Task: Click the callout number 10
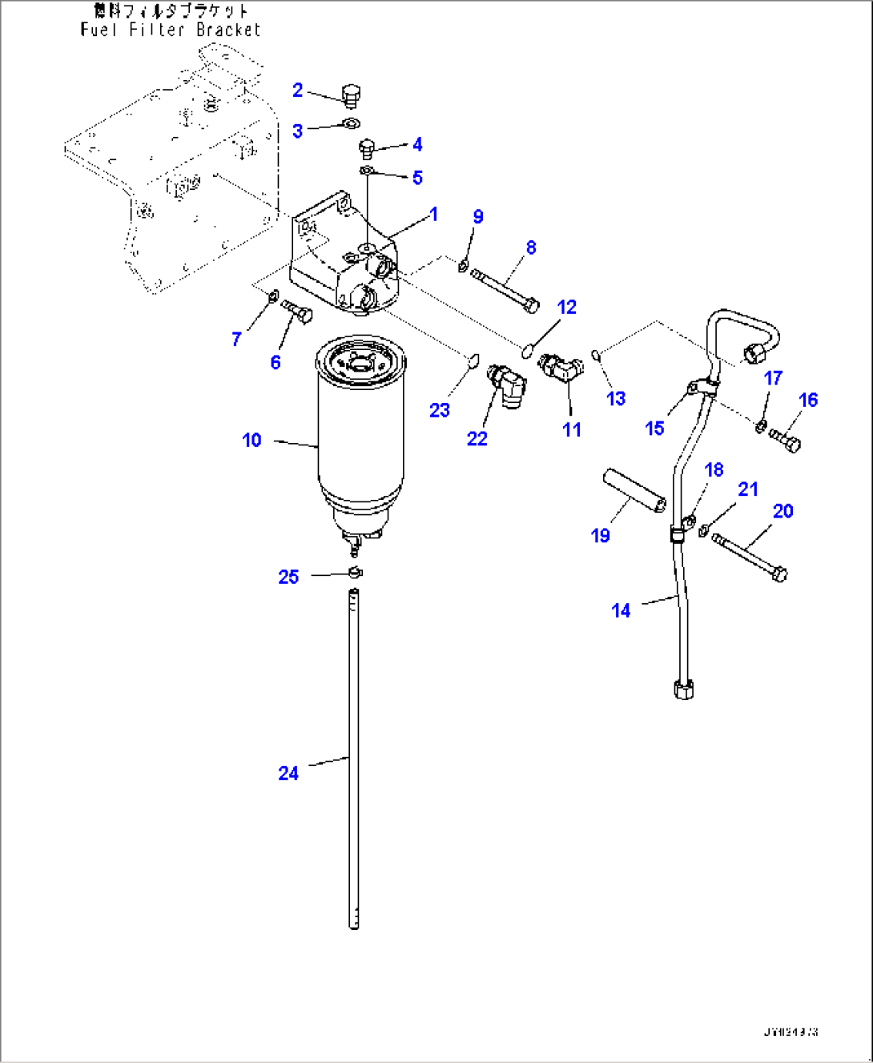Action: click(251, 440)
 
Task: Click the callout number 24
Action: click(288, 773)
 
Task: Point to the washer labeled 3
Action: click(351, 123)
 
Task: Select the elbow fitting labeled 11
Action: click(561, 368)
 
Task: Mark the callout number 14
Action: click(621, 610)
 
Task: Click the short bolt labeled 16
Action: click(785, 441)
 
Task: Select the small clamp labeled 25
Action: click(356, 572)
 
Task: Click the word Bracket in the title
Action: click(228, 30)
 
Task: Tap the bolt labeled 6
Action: click(299, 311)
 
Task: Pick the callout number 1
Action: click(433, 214)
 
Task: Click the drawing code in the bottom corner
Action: click(791, 1032)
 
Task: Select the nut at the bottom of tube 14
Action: click(683, 689)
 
